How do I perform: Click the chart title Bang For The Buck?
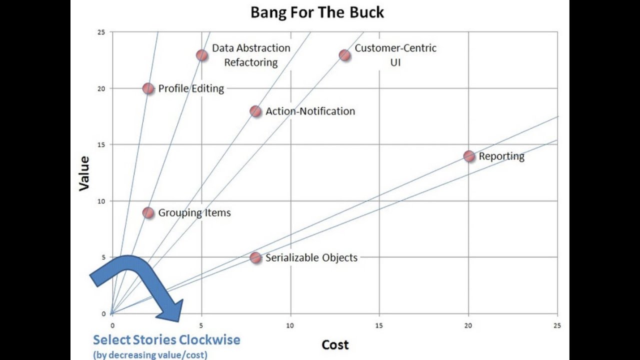(317, 12)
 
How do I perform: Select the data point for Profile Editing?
(148, 88)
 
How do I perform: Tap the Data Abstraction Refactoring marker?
(201, 55)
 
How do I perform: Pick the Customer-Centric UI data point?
(344, 55)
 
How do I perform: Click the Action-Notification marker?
(255, 111)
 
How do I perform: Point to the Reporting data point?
(469, 156)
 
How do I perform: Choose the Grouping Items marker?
(148, 212)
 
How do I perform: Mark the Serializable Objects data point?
(255, 257)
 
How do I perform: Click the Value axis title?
(84, 173)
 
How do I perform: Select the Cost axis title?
(335, 344)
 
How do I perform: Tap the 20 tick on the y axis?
(102, 88)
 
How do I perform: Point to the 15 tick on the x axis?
(379, 325)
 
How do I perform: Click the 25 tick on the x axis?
(557, 325)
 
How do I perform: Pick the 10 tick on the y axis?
(102, 201)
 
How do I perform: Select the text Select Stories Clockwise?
(166, 340)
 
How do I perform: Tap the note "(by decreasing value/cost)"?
(150, 355)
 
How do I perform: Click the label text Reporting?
(501, 156)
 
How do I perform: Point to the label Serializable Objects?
(311, 257)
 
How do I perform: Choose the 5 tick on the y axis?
(104, 257)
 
